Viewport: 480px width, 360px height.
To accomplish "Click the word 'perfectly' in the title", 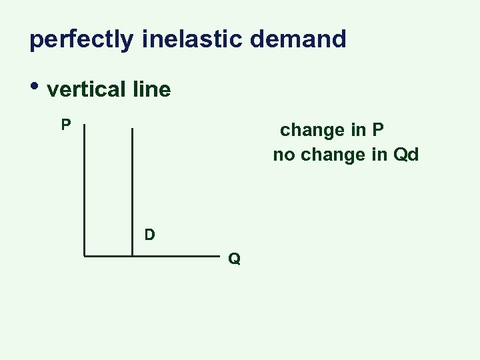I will click(x=81, y=40).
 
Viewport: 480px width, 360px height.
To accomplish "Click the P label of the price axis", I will click(x=66, y=125).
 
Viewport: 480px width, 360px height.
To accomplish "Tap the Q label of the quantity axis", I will click(x=234, y=258).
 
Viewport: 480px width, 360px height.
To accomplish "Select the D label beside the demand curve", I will click(x=150, y=234).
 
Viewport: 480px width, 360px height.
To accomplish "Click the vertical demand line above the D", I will click(x=133, y=180).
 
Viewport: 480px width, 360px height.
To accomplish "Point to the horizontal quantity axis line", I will click(x=173, y=255).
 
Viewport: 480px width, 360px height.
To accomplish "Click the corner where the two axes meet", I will click(x=85, y=255).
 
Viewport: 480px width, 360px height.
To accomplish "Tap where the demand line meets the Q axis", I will click(x=133, y=255).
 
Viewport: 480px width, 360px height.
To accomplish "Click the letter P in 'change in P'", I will click(x=378, y=130).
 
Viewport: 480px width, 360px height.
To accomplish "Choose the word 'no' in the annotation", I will click(x=283, y=156).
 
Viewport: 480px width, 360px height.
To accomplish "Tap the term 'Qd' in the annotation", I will click(x=406, y=156).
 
